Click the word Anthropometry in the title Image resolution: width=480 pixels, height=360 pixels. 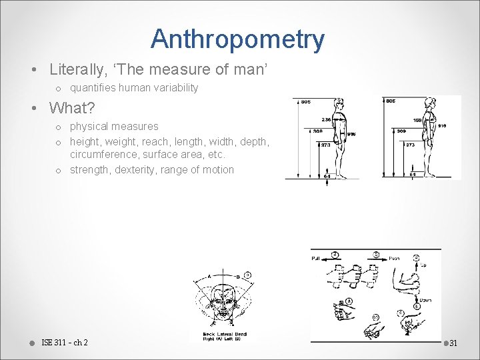click(237, 39)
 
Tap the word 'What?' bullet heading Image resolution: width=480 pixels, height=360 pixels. click(72, 107)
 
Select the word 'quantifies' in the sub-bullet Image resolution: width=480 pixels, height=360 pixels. click(92, 88)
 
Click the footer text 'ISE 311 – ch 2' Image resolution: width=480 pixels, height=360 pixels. click(64, 343)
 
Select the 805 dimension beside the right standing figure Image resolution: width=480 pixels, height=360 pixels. click(391, 102)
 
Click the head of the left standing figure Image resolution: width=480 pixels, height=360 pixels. click(340, 104)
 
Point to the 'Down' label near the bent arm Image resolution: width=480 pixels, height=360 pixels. click(425, 300)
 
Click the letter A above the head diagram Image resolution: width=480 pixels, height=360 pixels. click(209, 275)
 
